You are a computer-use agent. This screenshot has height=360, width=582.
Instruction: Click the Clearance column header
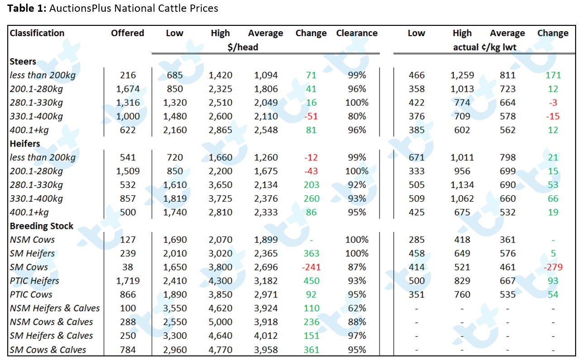357,33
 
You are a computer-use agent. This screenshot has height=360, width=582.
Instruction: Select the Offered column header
127,33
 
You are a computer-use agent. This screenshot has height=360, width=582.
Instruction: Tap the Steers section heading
23,62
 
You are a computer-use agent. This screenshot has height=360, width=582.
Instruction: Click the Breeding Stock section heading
42,226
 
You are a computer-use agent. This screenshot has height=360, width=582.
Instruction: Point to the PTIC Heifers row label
34,281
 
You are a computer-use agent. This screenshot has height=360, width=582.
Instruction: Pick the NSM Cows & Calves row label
51,322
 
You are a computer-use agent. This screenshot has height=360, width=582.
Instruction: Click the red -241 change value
311,267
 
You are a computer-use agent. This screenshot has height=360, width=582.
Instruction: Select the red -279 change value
553,267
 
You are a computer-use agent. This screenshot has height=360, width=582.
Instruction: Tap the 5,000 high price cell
220,322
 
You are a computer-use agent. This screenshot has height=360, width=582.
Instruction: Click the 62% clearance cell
357,308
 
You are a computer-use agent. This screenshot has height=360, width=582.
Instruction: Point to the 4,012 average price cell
266,336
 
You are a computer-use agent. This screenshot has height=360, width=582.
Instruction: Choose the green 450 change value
311,281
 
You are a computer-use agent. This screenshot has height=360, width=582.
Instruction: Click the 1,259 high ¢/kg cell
462,75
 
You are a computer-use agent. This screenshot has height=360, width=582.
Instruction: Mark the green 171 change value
553,75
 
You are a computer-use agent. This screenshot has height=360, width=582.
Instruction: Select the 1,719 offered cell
128,281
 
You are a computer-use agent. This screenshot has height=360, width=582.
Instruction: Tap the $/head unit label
243,47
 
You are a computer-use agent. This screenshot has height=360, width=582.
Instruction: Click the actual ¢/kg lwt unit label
485,47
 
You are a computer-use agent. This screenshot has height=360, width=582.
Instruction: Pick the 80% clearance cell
357,116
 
